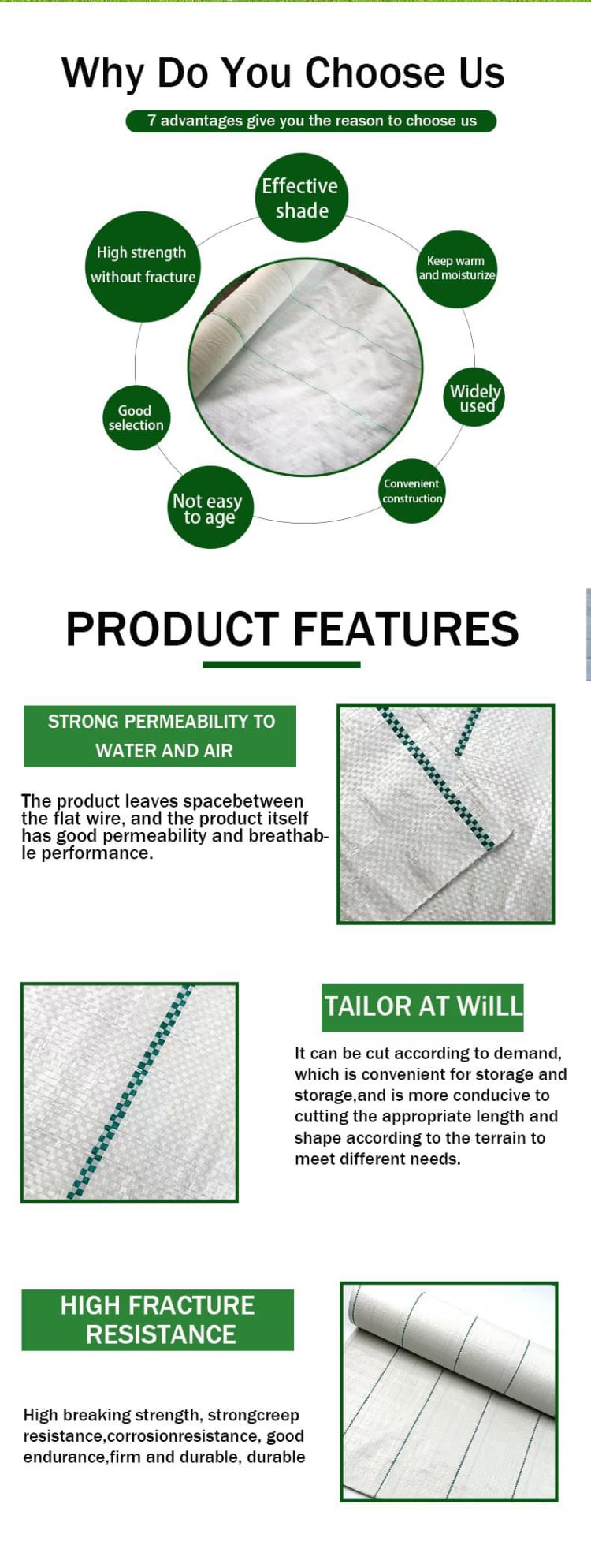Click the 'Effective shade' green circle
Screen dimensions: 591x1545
coord(302,198)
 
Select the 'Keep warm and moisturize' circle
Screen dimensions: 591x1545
coord(457,268)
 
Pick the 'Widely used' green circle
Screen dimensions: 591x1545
coord(474,397)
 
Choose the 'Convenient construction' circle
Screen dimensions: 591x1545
coord(412,491)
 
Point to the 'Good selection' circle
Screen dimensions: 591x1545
coord(136,417)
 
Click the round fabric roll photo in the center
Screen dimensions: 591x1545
coord(306,368)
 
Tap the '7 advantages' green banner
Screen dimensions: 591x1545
coord(311,121)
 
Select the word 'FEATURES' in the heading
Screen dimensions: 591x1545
coord(406,629)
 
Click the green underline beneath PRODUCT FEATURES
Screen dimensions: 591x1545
coord(281,665)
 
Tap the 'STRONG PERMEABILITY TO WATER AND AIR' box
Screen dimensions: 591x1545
coord(160,736)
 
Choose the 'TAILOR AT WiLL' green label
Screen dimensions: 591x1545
coord(422,1007)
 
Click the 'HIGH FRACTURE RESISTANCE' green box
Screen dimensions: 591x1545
coord(158,1319)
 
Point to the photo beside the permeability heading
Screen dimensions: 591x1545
coord(446,814)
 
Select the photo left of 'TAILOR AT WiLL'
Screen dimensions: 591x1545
coord(129,1092)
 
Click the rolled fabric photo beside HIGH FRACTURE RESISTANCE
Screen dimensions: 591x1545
coord(449,1392)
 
